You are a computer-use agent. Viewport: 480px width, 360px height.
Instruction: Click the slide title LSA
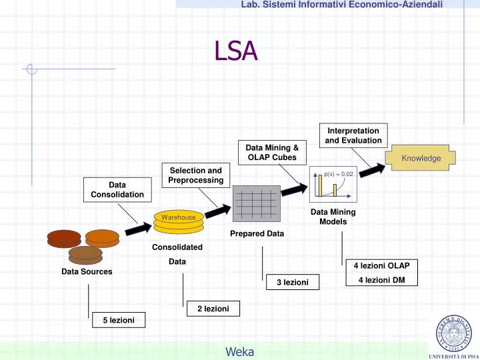[235, 51]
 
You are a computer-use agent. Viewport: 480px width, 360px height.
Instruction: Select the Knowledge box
[421, 158]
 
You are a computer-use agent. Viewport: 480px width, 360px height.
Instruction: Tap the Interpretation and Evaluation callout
[353, 135]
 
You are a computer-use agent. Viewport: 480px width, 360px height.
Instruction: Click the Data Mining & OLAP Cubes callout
[272, 152]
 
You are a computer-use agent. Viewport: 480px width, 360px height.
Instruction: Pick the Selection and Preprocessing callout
[196, 175]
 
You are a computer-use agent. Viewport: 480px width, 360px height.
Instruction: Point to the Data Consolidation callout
[117, 189]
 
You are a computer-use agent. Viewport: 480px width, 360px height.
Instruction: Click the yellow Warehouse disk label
[178, 217]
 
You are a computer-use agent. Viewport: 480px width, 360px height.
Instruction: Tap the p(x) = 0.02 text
[338, 174]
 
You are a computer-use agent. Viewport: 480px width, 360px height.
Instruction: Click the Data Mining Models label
[333, 217]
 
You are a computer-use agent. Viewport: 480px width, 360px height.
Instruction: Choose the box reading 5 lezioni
[119, 321]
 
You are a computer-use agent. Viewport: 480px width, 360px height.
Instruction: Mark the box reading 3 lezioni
[292, 283]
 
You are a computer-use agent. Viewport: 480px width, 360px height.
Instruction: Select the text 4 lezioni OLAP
[381, 265]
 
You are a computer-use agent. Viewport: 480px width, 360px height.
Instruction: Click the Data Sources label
[87, 272]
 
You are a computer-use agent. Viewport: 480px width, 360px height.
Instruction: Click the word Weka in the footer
[239, 352]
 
